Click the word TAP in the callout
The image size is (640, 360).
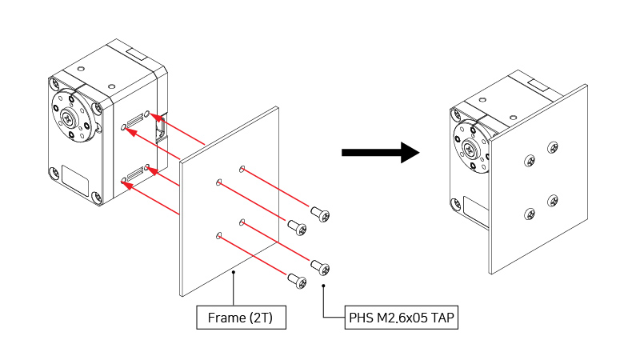[444, 318]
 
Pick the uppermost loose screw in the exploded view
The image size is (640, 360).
[321, 214]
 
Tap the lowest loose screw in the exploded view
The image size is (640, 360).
[297, 279]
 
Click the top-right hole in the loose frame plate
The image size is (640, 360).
[242, 169]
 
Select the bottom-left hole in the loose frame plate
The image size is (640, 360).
[218, 235]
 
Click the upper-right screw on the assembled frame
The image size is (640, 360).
[553, 148]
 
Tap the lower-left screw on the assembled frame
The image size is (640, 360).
[529, 214]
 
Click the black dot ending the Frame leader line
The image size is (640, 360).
[233, 274]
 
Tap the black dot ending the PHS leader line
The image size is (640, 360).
[323, 285]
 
